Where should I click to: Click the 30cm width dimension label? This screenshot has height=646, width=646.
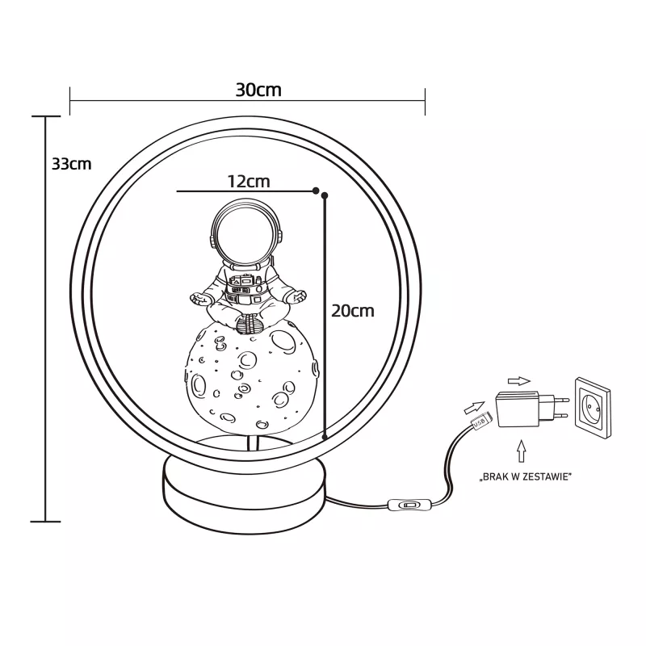[258, 90]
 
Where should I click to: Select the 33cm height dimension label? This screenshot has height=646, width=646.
[71, 164]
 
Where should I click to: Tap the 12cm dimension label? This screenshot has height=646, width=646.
[249, 181]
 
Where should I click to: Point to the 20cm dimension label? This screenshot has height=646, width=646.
[353, 311]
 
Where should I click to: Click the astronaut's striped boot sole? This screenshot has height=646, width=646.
[250, 324]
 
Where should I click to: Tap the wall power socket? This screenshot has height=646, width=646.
[593, 407]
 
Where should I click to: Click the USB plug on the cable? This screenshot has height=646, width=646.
[480, 422]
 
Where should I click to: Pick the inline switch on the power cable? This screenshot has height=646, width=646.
[409, 505]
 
